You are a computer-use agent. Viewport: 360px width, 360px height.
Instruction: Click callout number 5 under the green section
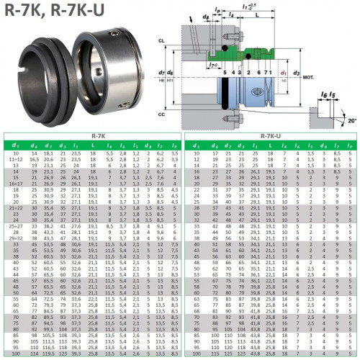point(225,73)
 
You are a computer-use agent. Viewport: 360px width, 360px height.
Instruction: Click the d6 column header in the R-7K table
point(32,145)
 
